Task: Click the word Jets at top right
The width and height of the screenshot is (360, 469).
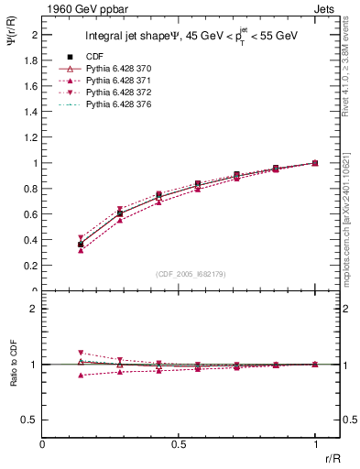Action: point(325,8)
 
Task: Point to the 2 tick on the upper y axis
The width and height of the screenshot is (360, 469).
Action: point(34,35)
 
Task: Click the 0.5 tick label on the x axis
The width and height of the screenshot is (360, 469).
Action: point(179,444)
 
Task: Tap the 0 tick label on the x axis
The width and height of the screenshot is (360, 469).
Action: point(43,444)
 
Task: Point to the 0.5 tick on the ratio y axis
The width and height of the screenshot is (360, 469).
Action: point(29,420)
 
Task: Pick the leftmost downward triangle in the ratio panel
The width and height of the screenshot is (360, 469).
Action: point(81,353)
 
